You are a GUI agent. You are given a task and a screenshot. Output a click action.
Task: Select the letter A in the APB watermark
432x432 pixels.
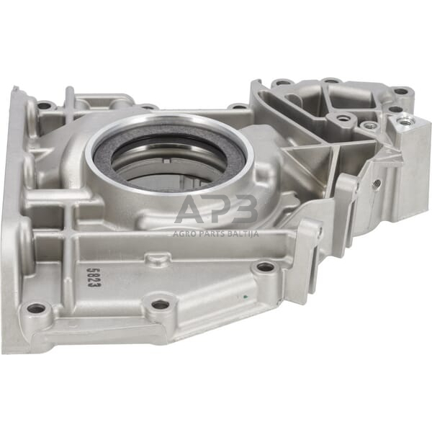[x=189, y=210]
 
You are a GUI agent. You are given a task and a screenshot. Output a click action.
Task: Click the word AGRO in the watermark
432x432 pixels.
[x=186, y=232]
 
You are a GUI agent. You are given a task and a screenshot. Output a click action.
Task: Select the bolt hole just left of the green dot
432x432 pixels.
[x=265, y=267]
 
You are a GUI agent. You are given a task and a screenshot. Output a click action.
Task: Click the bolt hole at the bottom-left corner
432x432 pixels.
[x=36, y=309]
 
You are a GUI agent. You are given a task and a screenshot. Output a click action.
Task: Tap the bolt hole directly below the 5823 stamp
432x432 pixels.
[x=160, y=305]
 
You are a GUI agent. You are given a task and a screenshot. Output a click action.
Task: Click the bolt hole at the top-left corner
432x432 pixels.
[x=45, y=105]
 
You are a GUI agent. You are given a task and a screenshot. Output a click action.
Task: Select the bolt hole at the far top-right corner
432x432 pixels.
[x=400, y=91]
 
